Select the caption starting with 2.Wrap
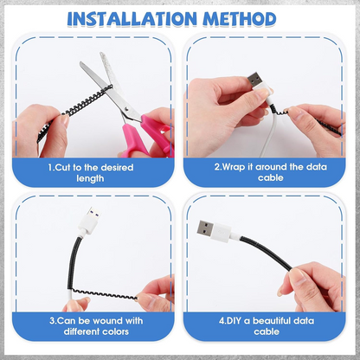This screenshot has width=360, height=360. click(x=269, y=171)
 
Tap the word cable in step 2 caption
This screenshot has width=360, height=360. click(x=269, y=179)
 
